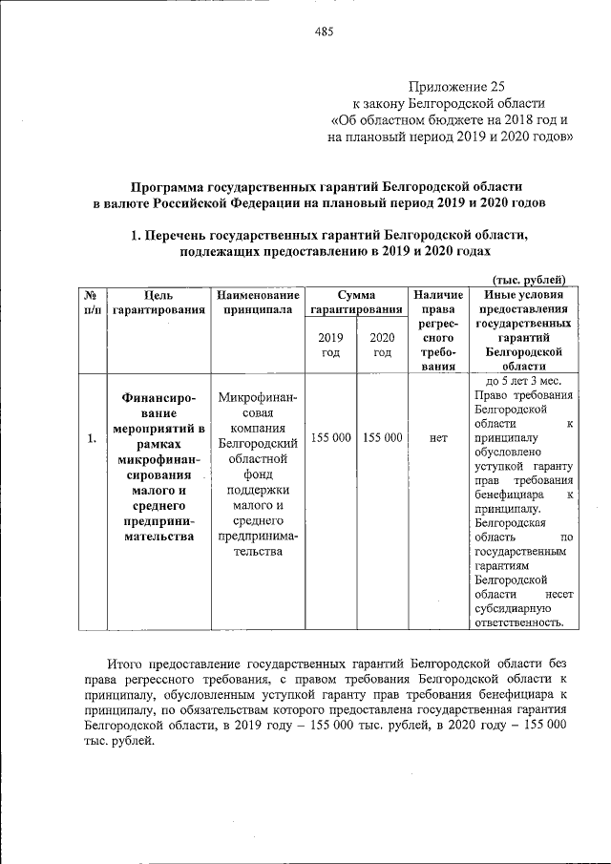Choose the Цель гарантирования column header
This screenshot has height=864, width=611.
[x=158, y=303]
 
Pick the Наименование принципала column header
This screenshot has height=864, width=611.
[x=258, y=303]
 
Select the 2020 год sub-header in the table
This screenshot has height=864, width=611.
[x=382, y=345]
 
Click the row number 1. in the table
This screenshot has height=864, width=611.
[x=91, y=438]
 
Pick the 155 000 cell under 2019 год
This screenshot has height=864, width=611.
[x=330, y=437]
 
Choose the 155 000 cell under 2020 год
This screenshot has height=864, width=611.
[x=382, y=437]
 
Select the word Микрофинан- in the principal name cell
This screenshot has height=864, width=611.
[x=258, y=398]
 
